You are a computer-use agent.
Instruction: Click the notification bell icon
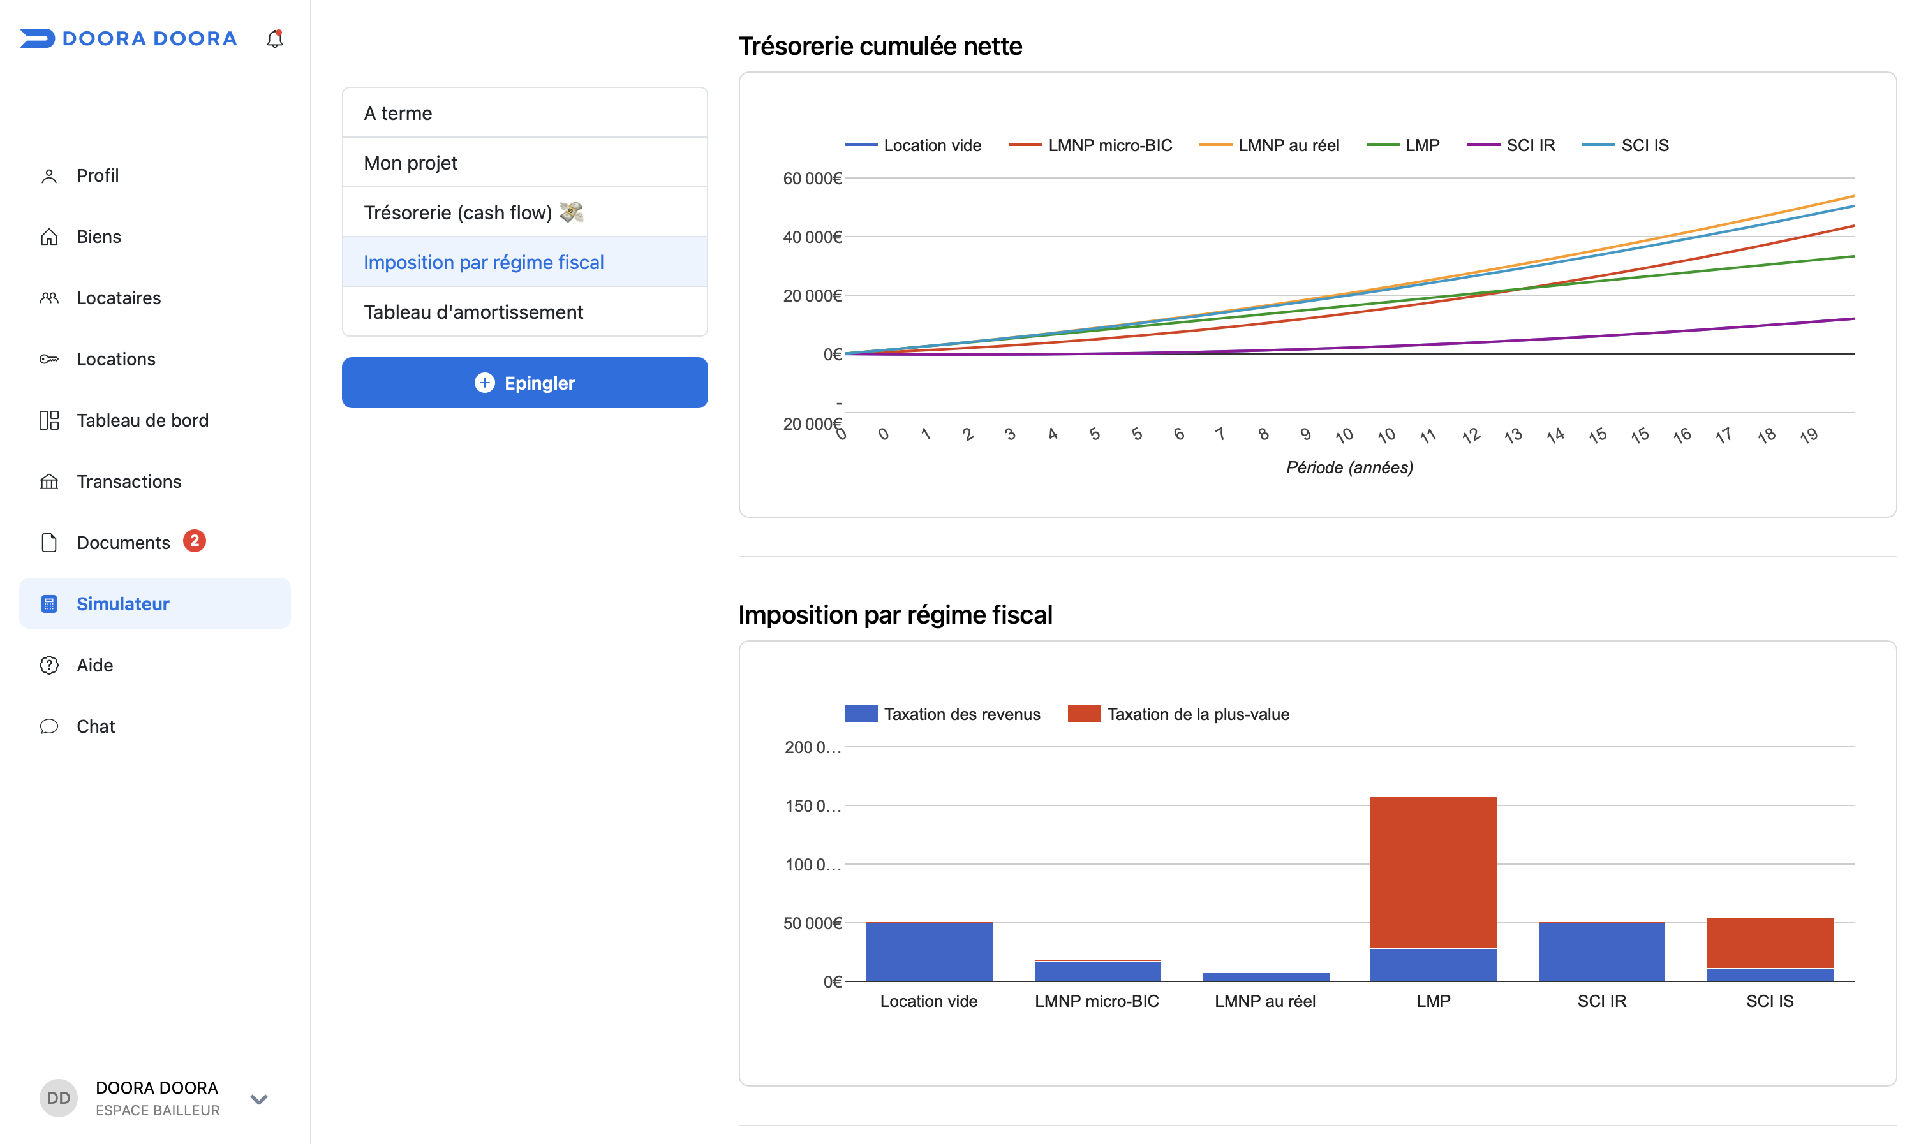point(274,38)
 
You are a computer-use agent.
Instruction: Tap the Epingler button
point(524,383)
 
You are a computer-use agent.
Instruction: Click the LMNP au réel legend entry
point(1270,145)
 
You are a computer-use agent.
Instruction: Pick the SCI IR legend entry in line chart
point(1511,145)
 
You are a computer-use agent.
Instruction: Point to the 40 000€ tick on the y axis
point(812,237)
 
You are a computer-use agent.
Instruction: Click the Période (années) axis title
point(1349,467)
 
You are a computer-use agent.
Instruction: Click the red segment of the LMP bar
point(1433,872)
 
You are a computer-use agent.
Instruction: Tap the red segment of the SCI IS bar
point(1770,942)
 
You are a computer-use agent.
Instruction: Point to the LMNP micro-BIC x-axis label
point(1097,1001)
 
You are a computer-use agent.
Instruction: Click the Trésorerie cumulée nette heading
point(880,47)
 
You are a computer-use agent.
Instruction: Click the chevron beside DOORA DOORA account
point(259,1099)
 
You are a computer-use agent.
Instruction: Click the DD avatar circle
point(59,1097)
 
